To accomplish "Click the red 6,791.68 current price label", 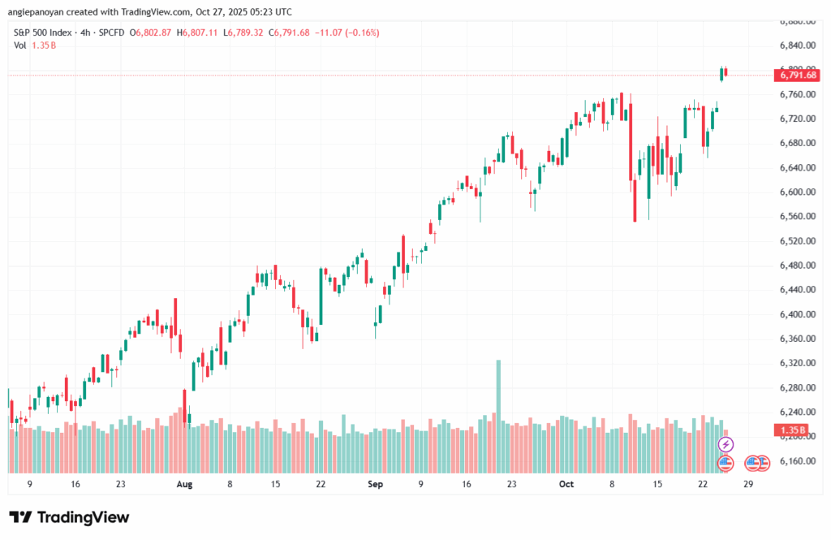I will [799, 76].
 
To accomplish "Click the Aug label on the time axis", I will [184, 484].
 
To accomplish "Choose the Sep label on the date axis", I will [375, 484].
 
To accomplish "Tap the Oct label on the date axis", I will [566, 484].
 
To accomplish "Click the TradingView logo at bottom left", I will [69, 517].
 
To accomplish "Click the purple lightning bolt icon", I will [726, 444].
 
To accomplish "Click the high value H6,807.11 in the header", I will [200, 32].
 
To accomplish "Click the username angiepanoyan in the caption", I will [34, 11].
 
